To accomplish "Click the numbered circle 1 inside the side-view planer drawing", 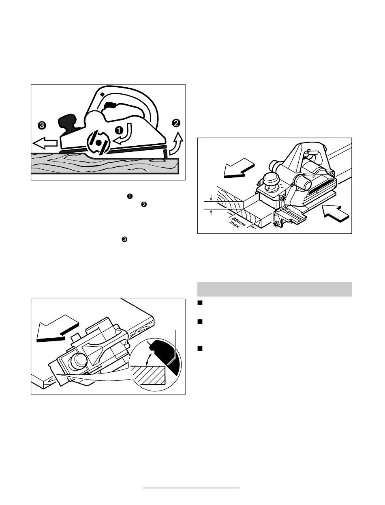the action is (119, 130).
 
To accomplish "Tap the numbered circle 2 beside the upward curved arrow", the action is (176, 123).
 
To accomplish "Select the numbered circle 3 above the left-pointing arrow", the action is (42, 125).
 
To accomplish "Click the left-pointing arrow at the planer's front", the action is (45, 143).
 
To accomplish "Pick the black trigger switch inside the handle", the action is (110, 106).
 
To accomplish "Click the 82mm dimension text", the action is (239, 221).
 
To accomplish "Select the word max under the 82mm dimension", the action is (234, 224).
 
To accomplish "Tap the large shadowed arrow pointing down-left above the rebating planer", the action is (239, 168).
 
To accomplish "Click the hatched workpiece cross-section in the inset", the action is (148, 375).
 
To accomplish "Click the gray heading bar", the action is (274, 289).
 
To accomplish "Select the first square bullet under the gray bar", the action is (199, 303).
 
